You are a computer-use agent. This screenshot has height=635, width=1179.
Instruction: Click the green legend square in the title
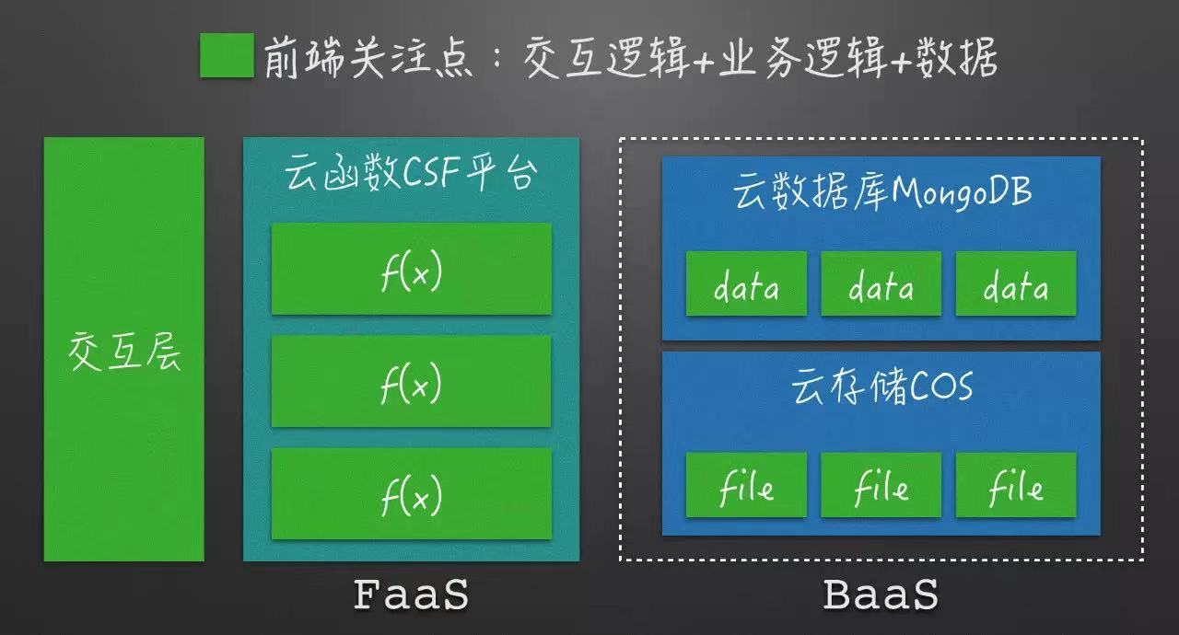tap(227, 56)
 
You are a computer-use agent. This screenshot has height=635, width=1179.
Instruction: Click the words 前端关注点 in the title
tap(368, 58)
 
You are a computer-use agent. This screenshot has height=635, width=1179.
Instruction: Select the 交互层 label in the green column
tap(124, 352)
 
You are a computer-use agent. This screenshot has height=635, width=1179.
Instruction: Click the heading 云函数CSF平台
tap(410, 173)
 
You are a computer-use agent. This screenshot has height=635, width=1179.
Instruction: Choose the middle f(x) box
tap(411, 381)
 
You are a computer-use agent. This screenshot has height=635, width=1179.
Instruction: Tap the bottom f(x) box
tap(411, 493)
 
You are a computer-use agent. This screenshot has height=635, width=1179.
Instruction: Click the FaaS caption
tap(411, 595)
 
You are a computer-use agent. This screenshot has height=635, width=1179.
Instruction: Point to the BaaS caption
tap(881, 595)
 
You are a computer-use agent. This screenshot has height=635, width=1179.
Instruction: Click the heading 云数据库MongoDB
tap(881, 192)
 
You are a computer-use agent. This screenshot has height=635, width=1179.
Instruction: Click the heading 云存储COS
tap(881, 387)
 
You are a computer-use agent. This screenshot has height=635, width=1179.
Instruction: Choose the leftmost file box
tap(746, 485)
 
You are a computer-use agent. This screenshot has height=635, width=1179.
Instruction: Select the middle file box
tap(881, 485)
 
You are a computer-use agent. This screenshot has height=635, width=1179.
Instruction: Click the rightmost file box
tap(1016, 485)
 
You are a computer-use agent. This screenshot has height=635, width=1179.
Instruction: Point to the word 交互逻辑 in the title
tap(599, 58)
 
